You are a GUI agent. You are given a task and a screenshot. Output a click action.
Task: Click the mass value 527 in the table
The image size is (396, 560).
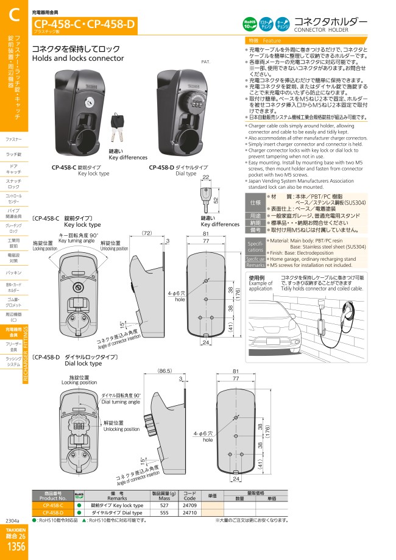[x=164, y=505]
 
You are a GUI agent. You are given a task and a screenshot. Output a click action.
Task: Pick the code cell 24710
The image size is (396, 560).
[x=189, y=513]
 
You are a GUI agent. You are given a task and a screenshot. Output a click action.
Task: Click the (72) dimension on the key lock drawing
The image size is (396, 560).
[x=146, y=233]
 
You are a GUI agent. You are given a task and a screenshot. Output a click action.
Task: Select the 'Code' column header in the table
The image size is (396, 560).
[x=189, y=497]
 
